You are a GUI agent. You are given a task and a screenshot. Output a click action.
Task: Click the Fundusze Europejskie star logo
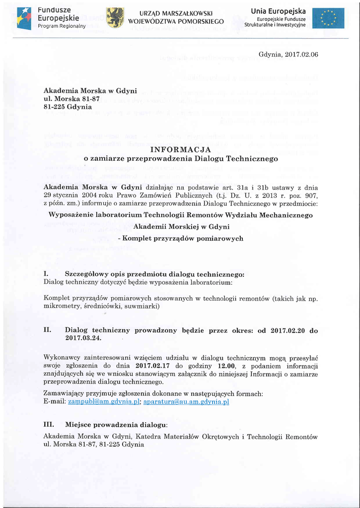[24, 18]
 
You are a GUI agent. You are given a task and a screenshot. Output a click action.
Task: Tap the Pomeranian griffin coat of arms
[115, 17]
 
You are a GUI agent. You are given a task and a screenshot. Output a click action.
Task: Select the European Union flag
[328, 18]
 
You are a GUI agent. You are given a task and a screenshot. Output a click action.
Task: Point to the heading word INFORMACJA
[180, 149]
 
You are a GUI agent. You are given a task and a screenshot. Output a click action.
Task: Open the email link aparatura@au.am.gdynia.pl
[186, 402]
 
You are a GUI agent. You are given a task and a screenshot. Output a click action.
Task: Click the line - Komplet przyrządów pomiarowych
[180, 238]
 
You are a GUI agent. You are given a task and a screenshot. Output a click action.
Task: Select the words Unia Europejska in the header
[278, 11]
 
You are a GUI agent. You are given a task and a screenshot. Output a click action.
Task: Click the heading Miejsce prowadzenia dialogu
[117, 425]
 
